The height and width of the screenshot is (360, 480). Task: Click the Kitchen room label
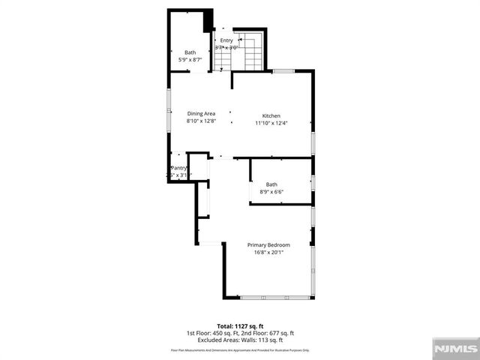click(271, 114)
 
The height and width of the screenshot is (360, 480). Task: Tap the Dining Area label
click(201, 113)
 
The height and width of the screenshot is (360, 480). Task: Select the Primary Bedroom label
click(268, 244)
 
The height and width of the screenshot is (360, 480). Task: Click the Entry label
click(226, 40)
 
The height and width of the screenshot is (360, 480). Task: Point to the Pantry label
click(178, 168)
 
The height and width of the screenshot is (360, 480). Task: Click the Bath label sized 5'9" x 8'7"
click(190, 52)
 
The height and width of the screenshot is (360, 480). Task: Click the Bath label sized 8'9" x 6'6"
click(271, 184)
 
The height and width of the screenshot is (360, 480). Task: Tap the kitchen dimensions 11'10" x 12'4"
click(271, 122)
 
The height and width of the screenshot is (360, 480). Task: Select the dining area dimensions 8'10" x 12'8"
click(201, 121)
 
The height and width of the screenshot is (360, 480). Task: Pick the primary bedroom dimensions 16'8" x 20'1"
click(268, 253)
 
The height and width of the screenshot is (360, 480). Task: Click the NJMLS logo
click(454, 349)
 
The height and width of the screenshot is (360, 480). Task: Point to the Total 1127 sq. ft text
click(240, 325)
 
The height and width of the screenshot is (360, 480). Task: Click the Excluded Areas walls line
click(240, 340)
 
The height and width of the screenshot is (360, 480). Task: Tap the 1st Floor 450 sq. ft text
click(212, 333)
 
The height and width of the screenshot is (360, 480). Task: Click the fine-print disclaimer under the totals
click(240, 350)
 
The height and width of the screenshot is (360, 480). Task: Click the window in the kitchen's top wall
click(283, 71)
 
